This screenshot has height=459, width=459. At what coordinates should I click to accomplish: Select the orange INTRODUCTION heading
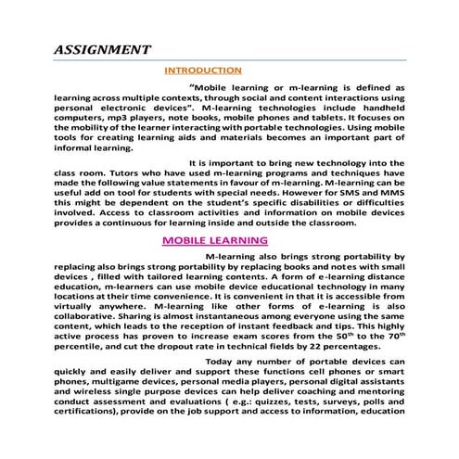coord(203,70)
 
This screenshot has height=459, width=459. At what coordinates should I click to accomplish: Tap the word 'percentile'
coord(82,345)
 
